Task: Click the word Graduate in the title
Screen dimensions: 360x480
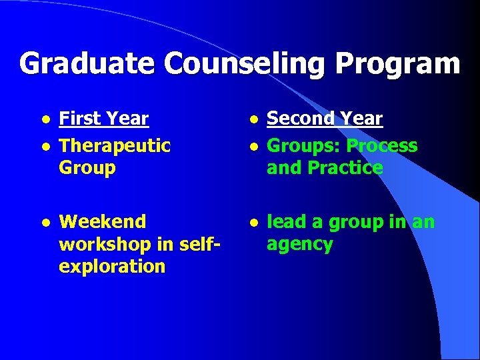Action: click(x=88, y=64)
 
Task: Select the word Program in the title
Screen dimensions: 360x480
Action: click(x=397, y=64)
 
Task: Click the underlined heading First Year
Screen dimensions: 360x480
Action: click(x=103, y=119)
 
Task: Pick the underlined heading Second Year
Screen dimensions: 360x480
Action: click(x=325, y=119)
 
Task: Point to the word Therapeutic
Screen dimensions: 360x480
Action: click(x=115, y=145)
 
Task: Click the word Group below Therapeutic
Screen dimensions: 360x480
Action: click(x=87, y=167)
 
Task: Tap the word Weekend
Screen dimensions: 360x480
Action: click(x=103, y=221)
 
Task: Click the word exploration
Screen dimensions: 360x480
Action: click(x=112, y=267)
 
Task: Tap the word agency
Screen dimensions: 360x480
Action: click(x=299, y=245)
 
